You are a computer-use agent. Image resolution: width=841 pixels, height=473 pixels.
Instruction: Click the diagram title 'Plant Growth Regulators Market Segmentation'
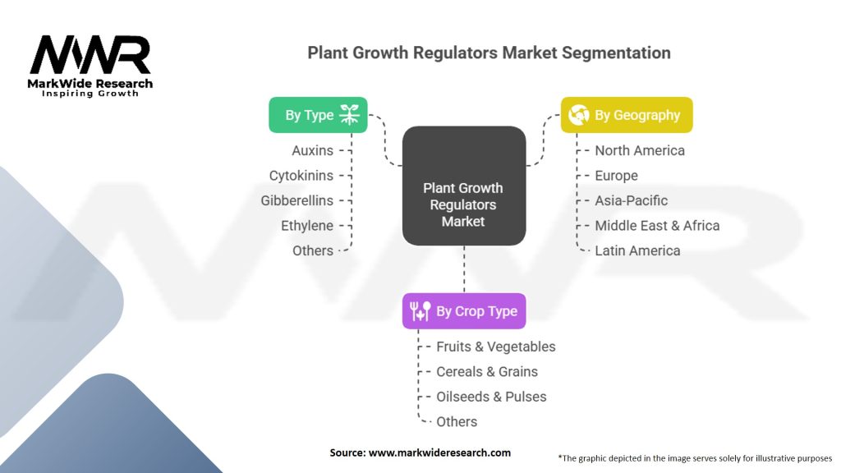[489, 53]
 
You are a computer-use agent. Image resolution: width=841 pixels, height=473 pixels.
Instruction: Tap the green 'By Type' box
[318, 115]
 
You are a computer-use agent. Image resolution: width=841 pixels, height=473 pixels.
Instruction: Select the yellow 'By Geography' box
[627, 115]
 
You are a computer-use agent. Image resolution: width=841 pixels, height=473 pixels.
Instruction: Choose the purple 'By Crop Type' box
[464, 311]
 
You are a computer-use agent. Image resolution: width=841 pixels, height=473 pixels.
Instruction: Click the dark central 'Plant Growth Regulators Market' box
[464, 204]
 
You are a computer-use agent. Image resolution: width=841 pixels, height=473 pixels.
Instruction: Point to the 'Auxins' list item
[312, 150]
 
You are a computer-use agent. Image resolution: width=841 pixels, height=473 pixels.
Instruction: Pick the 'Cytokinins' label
[301, 176]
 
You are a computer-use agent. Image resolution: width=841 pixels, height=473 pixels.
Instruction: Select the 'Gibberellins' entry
[297, 200]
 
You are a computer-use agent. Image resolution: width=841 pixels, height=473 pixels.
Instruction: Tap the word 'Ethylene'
[307, 226]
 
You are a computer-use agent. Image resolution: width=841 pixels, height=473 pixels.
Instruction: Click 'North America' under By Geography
[640, 150]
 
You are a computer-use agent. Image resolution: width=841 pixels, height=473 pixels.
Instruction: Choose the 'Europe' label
[616, 176]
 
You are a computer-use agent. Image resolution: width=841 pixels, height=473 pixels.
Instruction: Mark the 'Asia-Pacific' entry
[632, 200]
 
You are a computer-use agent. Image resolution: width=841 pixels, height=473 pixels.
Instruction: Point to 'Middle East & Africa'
[657, 226]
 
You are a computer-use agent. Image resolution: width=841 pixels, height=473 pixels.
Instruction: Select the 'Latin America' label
[637, 250]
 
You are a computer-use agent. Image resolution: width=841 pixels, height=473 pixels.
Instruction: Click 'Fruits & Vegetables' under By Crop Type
[496, 347]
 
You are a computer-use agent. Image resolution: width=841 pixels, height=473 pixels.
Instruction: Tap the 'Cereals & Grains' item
[487, 372]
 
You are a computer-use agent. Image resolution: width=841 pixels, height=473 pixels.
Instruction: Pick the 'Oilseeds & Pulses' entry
[491, 397]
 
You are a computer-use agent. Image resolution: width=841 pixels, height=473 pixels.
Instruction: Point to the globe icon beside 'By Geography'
[578, 115]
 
